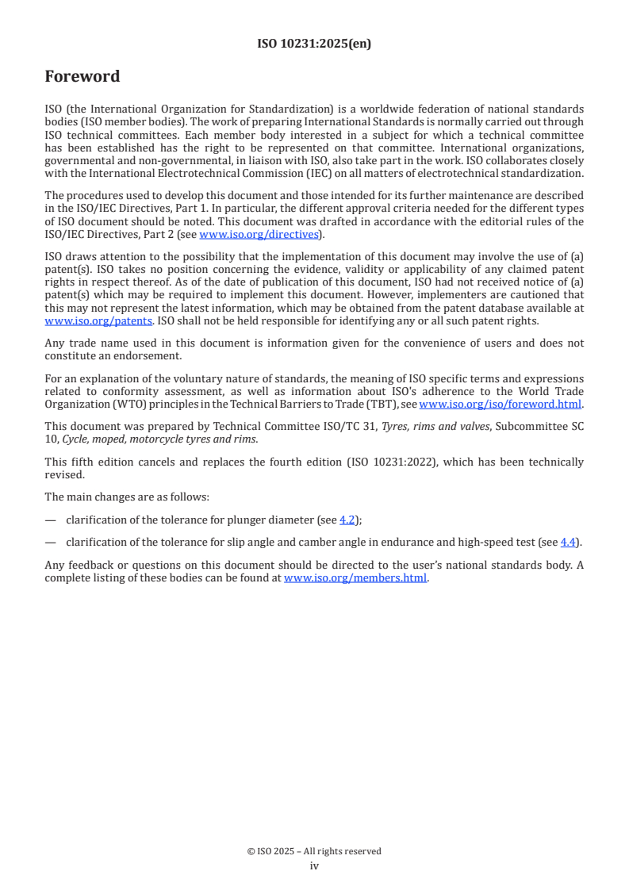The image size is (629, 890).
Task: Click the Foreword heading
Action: (x=82, y=77)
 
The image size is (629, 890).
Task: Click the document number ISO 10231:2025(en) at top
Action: (x=314, y=44)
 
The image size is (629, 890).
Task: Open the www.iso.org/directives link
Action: (x=259, y=234)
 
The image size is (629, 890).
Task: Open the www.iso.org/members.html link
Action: (x=355, y=578)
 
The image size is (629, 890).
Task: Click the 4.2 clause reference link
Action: (x=347, y=520)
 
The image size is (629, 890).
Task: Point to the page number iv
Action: (x=314, y=866)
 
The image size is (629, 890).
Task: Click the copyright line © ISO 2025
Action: (x=314, y=851)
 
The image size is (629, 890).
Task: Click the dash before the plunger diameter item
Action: (x=51, y=520)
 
